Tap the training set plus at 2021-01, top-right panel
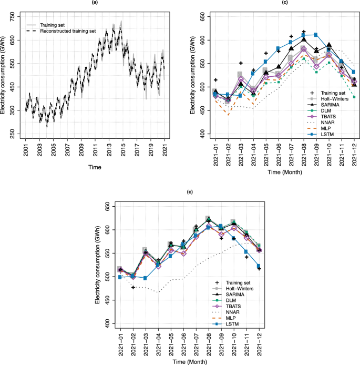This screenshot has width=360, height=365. [215, 80]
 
